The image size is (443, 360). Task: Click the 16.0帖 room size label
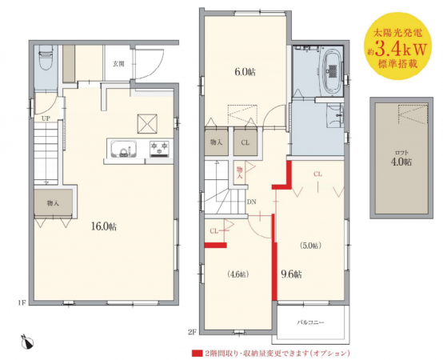[x=104, y=226]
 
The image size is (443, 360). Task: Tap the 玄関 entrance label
[x=118, y=64]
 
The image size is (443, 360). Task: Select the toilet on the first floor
[x=46, y=58]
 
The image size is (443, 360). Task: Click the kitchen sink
[x=124, y=149]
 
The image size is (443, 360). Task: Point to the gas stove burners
[x=159, y=149]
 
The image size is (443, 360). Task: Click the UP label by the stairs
[x=46, y=118]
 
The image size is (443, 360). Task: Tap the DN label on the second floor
[x=251, y=202]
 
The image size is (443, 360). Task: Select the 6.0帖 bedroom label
[x=245, y=72]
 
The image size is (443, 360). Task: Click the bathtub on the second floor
[x=333, y=70]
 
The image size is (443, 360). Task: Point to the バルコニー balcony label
[x=310, y=322]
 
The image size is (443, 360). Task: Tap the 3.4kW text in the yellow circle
[x=400, y=50]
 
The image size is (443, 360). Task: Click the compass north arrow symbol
[x=27, y=342]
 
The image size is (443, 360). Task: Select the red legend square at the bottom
[x=198, y=354]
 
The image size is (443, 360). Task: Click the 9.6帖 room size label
[x=291, y=274]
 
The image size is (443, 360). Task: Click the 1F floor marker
[x=22, y=303]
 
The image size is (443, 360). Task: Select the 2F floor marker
[x=192, y=332]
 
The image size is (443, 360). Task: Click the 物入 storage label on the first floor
[x=53, y=203]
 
